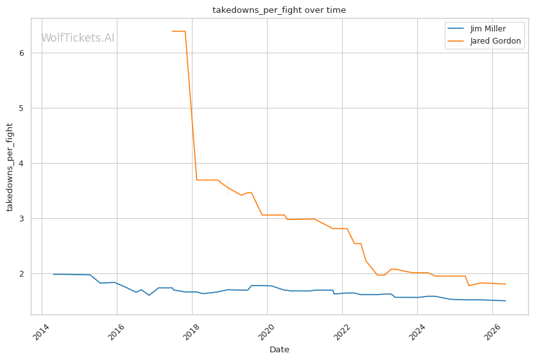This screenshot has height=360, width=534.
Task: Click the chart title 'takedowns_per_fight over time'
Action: [279, 10]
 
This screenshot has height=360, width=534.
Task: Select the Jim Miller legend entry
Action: [476, 29]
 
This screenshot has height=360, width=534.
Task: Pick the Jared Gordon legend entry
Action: [484, 41]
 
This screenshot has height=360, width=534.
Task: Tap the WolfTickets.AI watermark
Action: [78, 38]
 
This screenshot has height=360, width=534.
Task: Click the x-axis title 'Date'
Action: [279, 350]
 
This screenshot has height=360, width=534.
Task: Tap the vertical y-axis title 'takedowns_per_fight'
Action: [10, 167]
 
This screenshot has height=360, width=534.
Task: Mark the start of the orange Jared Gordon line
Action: [172, 31]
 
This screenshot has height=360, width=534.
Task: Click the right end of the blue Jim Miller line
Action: [506, 301]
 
